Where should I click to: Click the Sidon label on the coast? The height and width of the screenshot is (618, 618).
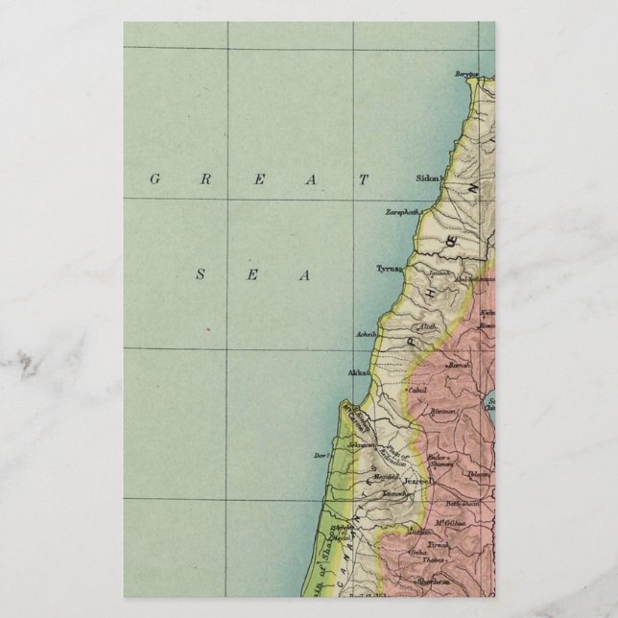click(x=429, y=178)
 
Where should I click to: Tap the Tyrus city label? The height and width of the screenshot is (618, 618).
click(x=387, y=270)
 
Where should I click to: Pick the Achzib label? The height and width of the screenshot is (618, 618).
click(x=366, y=336)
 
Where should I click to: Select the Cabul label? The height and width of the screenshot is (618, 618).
click(x=416, y=392)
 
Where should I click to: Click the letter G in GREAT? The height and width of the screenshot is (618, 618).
click(x=153, y=178)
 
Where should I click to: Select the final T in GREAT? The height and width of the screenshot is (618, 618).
click(x=364, y=178)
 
